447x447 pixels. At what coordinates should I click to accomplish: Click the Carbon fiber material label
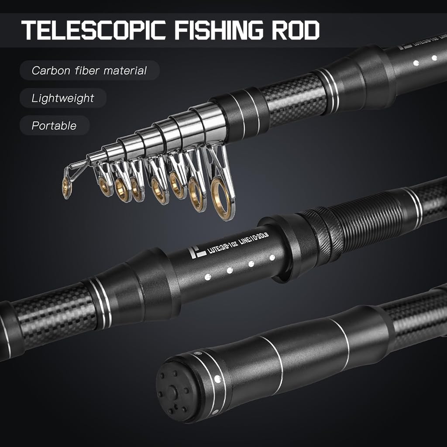tap(89, 70)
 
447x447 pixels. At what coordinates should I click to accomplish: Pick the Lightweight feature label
tap(62, 98)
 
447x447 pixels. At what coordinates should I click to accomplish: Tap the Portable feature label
tap(54, 126)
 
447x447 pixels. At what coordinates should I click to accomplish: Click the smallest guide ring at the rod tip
tap(67, 187)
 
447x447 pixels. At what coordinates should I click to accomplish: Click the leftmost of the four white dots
tap(208, 276)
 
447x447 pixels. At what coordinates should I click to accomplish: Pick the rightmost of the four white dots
tap(272, 258)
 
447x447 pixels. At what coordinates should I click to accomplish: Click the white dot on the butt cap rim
tap(217, 379)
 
